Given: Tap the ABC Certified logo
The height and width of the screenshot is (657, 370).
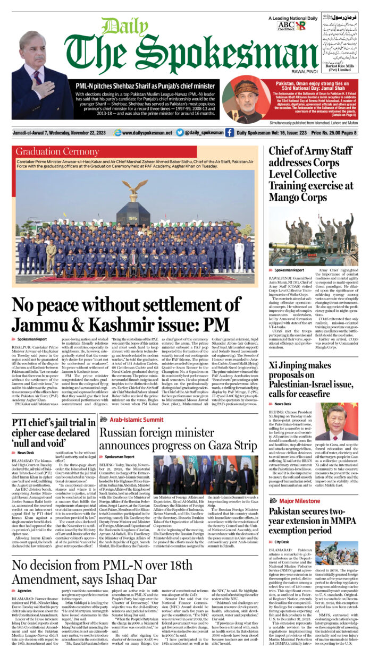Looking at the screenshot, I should tap(285, 25).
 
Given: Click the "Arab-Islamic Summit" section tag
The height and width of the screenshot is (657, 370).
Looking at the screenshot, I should tap(129, 420).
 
